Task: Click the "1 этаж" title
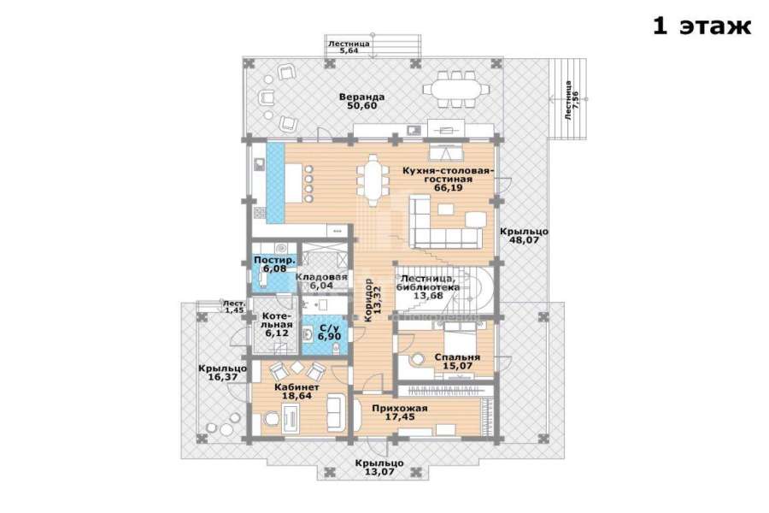[701, 26]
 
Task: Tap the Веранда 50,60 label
[361, 101]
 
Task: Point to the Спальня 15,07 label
[457, 362]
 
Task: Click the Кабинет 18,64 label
[293, 391]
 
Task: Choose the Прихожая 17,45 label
[400, 412]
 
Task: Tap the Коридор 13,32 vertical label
[372, 300]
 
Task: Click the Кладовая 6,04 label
[321, 280]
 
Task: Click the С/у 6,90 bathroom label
[329, 333]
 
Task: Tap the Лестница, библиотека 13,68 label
[428, 286]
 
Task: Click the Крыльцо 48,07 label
[525, 236]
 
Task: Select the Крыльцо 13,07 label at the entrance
[379, 468]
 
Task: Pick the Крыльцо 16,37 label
[222, 373]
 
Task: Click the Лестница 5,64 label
[349, 47]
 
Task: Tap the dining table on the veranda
[457, 89]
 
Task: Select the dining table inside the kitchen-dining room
[373, 180]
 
